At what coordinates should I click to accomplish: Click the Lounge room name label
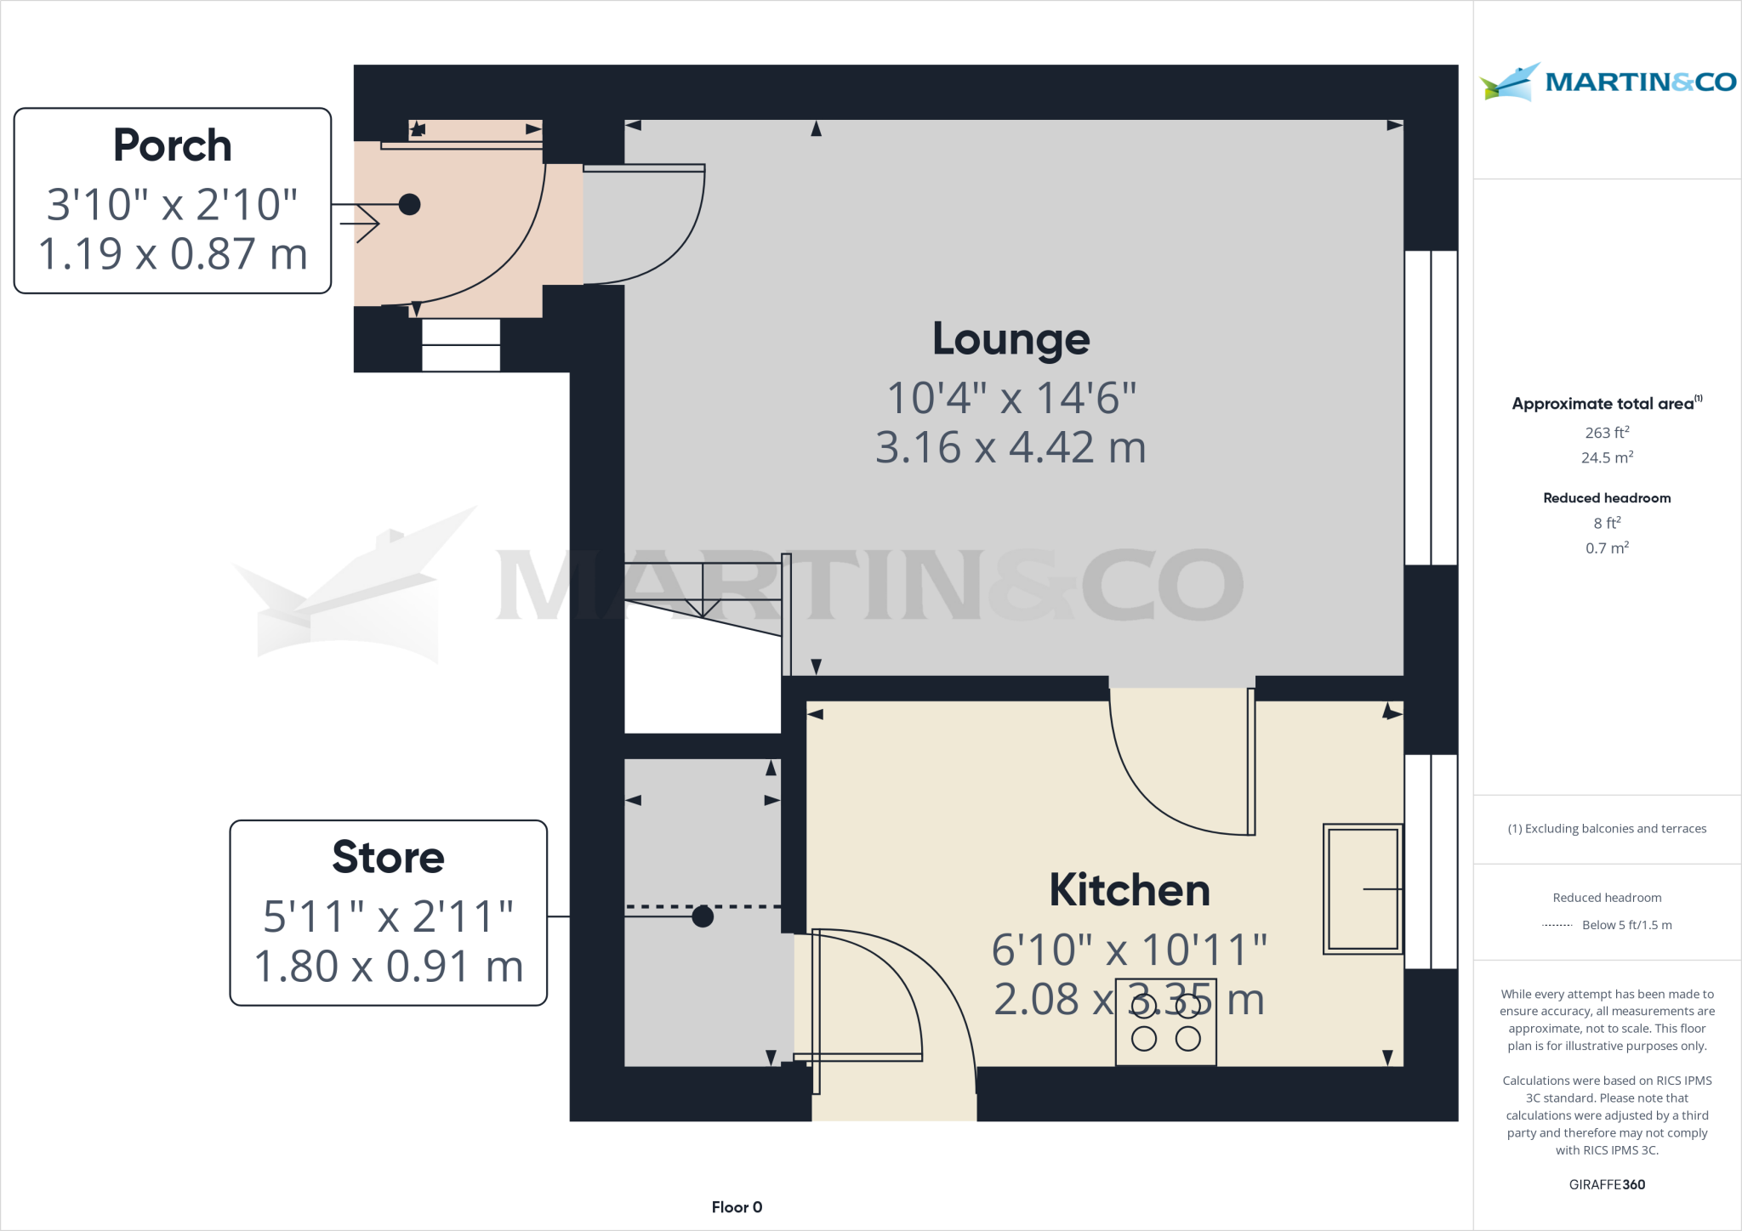coord(1010,340)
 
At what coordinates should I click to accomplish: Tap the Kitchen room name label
coord(1129,890)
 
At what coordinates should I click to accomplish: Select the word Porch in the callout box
coord(173,145)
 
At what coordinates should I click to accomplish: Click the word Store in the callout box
coord(388,857)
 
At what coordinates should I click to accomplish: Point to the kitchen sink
coord(1363,888)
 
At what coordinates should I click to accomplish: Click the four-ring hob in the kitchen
coord(1165,1023)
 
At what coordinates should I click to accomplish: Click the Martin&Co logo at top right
coord(1607,82)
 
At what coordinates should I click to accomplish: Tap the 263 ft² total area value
coord(1606,433)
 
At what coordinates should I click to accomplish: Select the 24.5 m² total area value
coord(1606,457)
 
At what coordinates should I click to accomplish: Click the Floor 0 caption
coord(737,1207)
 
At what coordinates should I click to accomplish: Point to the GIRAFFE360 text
coord(1606,1184)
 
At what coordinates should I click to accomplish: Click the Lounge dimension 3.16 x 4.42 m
coord(1010,447)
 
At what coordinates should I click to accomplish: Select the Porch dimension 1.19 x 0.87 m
coord(173,254)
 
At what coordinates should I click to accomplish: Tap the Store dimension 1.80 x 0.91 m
coord(388,967)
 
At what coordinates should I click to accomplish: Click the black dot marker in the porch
coord(409,204)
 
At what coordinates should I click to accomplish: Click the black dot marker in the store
coord(703,916)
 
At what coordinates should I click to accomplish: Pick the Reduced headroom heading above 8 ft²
coord(1606,498)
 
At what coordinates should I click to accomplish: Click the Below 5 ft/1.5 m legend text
coord(1625,925)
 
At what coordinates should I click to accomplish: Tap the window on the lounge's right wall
coord(1431,408)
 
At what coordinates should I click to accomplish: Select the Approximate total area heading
coord(1604,404)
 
